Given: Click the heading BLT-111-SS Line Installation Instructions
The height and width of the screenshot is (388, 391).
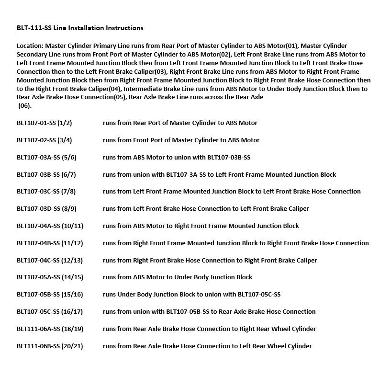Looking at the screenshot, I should tap(80, 28).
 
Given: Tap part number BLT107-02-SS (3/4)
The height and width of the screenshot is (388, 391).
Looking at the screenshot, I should tap(44, 140).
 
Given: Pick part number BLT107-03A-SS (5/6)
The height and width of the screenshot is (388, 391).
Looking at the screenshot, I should tap(46, 157).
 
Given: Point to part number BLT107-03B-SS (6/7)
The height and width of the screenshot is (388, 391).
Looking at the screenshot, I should tap(46, 174).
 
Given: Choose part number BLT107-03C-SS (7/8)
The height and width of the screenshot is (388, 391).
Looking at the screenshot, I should tap(46, 192).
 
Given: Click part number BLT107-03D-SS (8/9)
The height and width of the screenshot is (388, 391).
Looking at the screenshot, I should tap(46, 209).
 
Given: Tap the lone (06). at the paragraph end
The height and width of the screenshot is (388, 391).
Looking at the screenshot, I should tap(25, 106).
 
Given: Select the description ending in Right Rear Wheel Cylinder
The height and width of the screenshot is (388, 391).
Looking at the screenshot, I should tap(209, 329).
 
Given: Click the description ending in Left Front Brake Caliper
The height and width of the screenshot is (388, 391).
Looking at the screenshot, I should tap(206, 209).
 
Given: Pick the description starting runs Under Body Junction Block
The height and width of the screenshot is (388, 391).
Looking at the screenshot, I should tap(191, 295).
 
